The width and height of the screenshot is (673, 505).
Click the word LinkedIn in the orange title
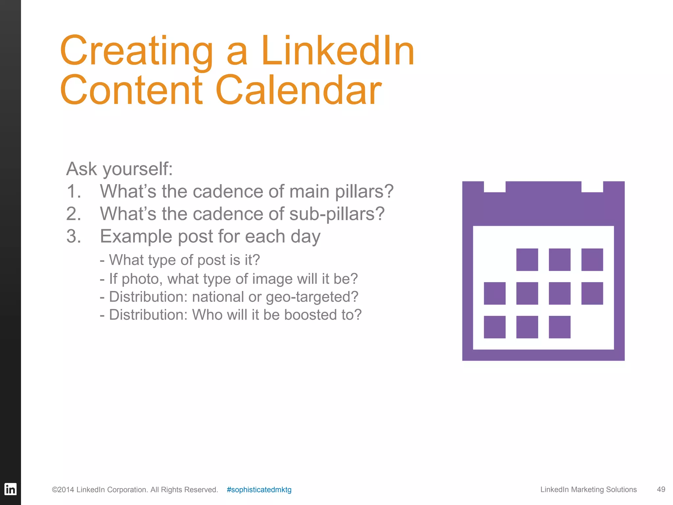(337, 51)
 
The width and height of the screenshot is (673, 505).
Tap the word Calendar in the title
(298, 90)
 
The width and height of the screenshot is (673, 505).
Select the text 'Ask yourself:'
(119, 169)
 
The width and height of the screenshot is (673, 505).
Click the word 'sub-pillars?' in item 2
(337, 214)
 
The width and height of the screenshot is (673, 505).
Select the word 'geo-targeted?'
(312, 297)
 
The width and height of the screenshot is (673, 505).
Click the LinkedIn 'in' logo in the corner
(10, 489)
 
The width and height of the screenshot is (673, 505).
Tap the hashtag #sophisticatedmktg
(259, 490)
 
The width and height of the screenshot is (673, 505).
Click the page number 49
(661, 490)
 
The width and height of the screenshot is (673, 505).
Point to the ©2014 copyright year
(63, 490)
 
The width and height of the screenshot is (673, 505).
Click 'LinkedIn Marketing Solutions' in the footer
(588, 490)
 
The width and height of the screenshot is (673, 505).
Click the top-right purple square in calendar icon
(592, 260)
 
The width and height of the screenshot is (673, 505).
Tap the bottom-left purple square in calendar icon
(495, 327)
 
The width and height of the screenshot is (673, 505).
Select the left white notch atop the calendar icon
(495, 187)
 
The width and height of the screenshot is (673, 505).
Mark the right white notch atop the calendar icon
(592, 187)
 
